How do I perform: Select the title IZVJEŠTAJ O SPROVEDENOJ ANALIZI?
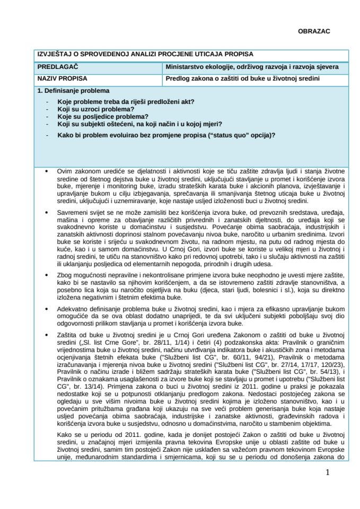(x=145, y=54)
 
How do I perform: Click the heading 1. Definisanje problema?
(x=73, y=91)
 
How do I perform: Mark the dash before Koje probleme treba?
(x=49, y=102)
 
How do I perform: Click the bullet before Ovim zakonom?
(x=48, y=172)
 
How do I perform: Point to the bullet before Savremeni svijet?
(x=48, y=212)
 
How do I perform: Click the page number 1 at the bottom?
(x=328, y=473)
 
